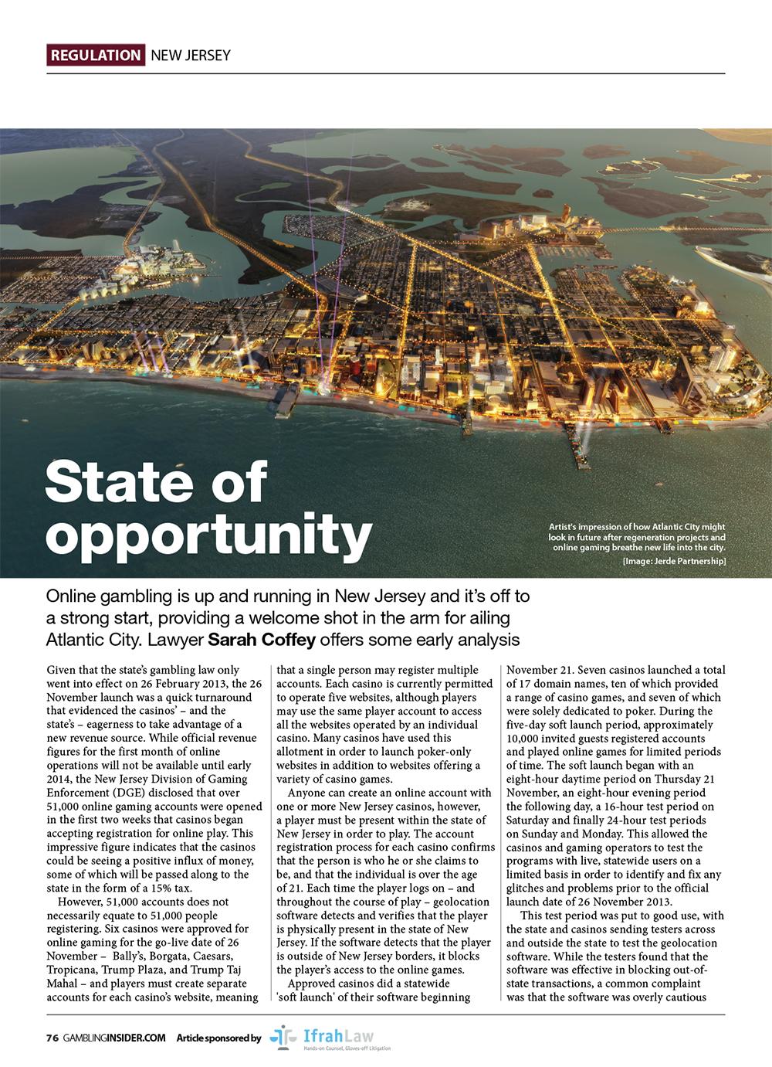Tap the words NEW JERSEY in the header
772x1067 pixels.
click(x=190, y=55)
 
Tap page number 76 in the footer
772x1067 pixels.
click(x=52, y=1038)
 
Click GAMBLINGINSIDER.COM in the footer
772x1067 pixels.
click(x=114, y=1038)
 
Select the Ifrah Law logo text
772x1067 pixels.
click(x=344, y=1034)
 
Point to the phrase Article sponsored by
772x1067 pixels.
click(x=218, y=1038)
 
